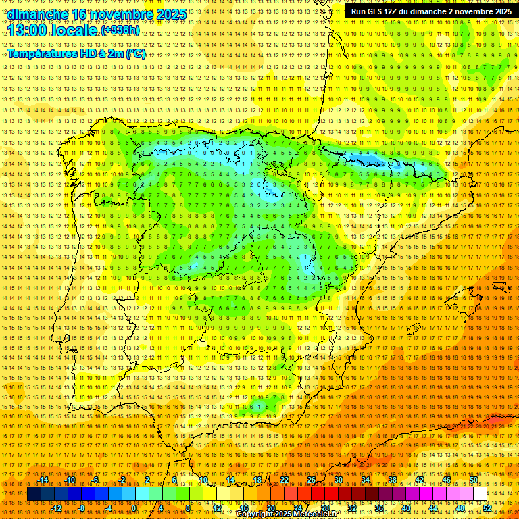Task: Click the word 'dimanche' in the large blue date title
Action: pos(38,14)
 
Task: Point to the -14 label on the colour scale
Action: pos(45,480)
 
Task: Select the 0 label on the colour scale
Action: pos(134,508)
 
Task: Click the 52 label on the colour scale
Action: pos(487,508)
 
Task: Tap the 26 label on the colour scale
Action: pos(312,480)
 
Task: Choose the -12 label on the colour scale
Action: pos(57,508)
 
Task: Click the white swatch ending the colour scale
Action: pos(480,494)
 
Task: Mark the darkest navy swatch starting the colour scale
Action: pos(34,494)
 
